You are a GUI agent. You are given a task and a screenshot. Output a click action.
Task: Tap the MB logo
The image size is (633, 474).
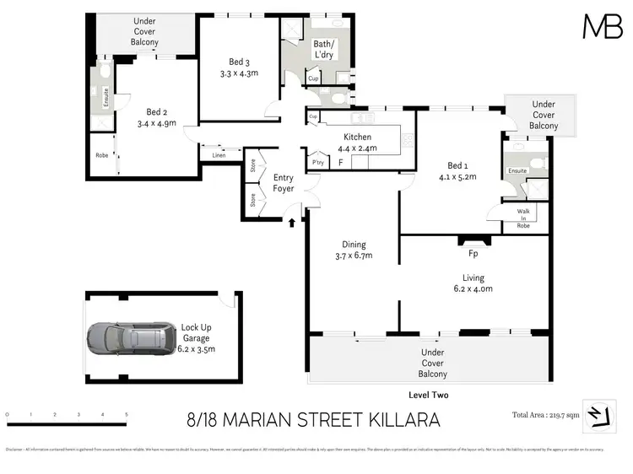click(603, 27)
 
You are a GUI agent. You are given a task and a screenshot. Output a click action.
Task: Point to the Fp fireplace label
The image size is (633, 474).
click(472, 251)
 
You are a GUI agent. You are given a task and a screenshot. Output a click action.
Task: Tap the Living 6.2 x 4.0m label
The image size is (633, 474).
click(472, 283)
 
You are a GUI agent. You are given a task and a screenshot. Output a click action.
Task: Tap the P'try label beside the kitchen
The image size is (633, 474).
click(318, 162)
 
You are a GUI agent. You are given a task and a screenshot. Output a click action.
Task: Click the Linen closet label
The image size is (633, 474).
click(219, 155)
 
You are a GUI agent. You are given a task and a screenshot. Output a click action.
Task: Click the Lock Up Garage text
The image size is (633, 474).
click(198, 337)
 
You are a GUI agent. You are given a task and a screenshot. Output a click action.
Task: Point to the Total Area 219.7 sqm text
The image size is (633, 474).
click(546, 415)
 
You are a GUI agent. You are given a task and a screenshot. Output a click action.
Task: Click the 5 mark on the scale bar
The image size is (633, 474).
click(127, 415)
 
